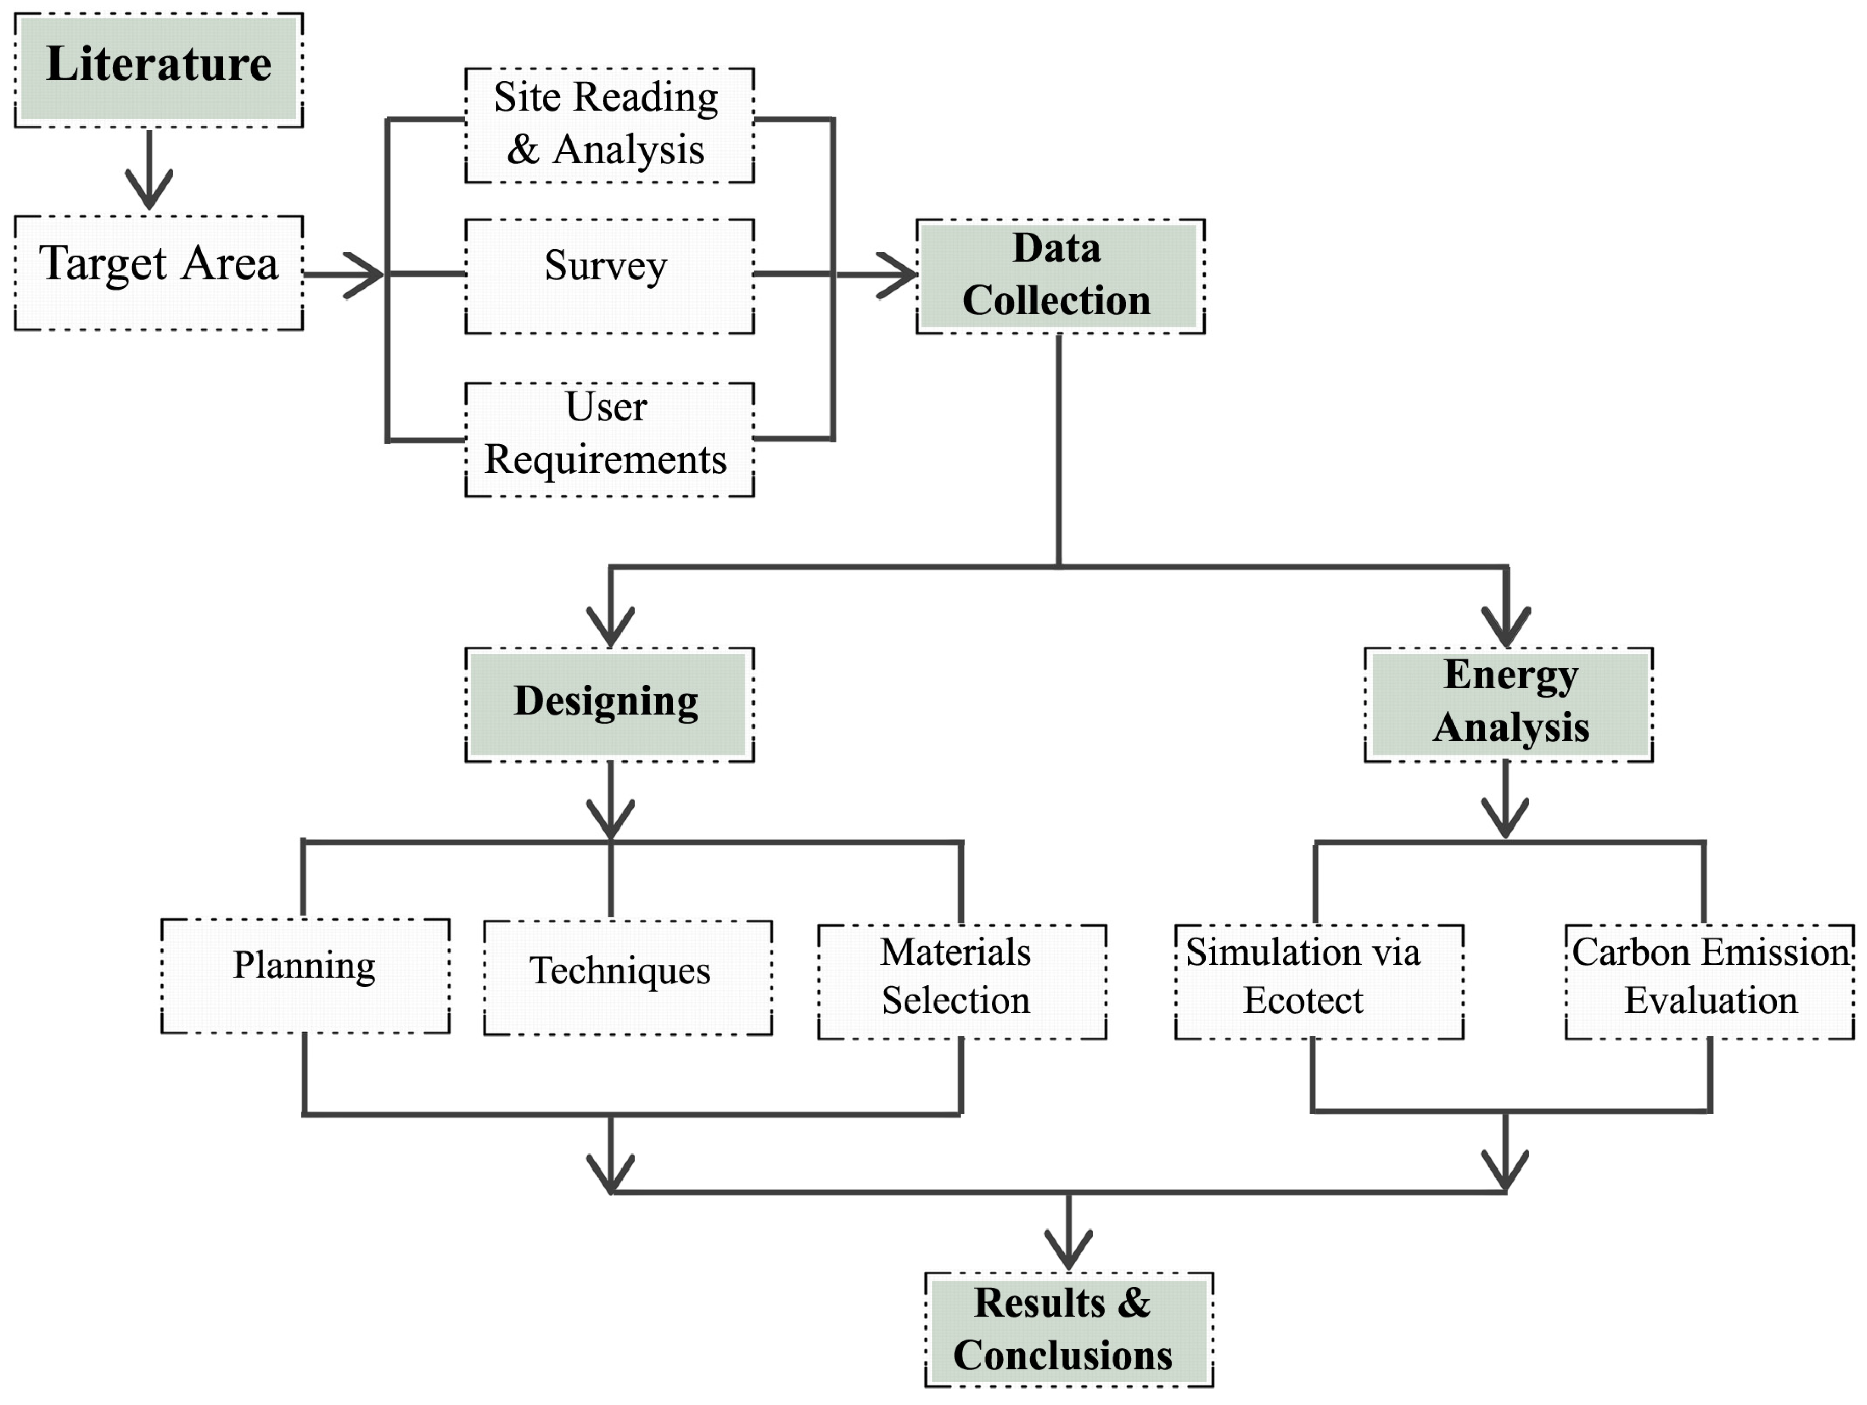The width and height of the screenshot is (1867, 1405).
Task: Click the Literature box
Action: point(159,69)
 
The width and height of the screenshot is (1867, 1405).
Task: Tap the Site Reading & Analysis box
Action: point(609,125)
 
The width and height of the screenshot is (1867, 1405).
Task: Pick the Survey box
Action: point(609,275)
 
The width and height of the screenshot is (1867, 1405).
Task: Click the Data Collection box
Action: point(1059,275)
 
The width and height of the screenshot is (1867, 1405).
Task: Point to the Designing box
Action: point(609,704)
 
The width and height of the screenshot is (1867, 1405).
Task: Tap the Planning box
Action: point(305,975)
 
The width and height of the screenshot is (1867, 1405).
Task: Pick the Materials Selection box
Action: point(962,981)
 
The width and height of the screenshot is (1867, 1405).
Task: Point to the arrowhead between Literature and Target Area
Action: point(149,192)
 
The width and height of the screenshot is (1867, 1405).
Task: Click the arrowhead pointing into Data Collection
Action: point(900,274)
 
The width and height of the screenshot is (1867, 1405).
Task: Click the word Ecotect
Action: point(1302,1000)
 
